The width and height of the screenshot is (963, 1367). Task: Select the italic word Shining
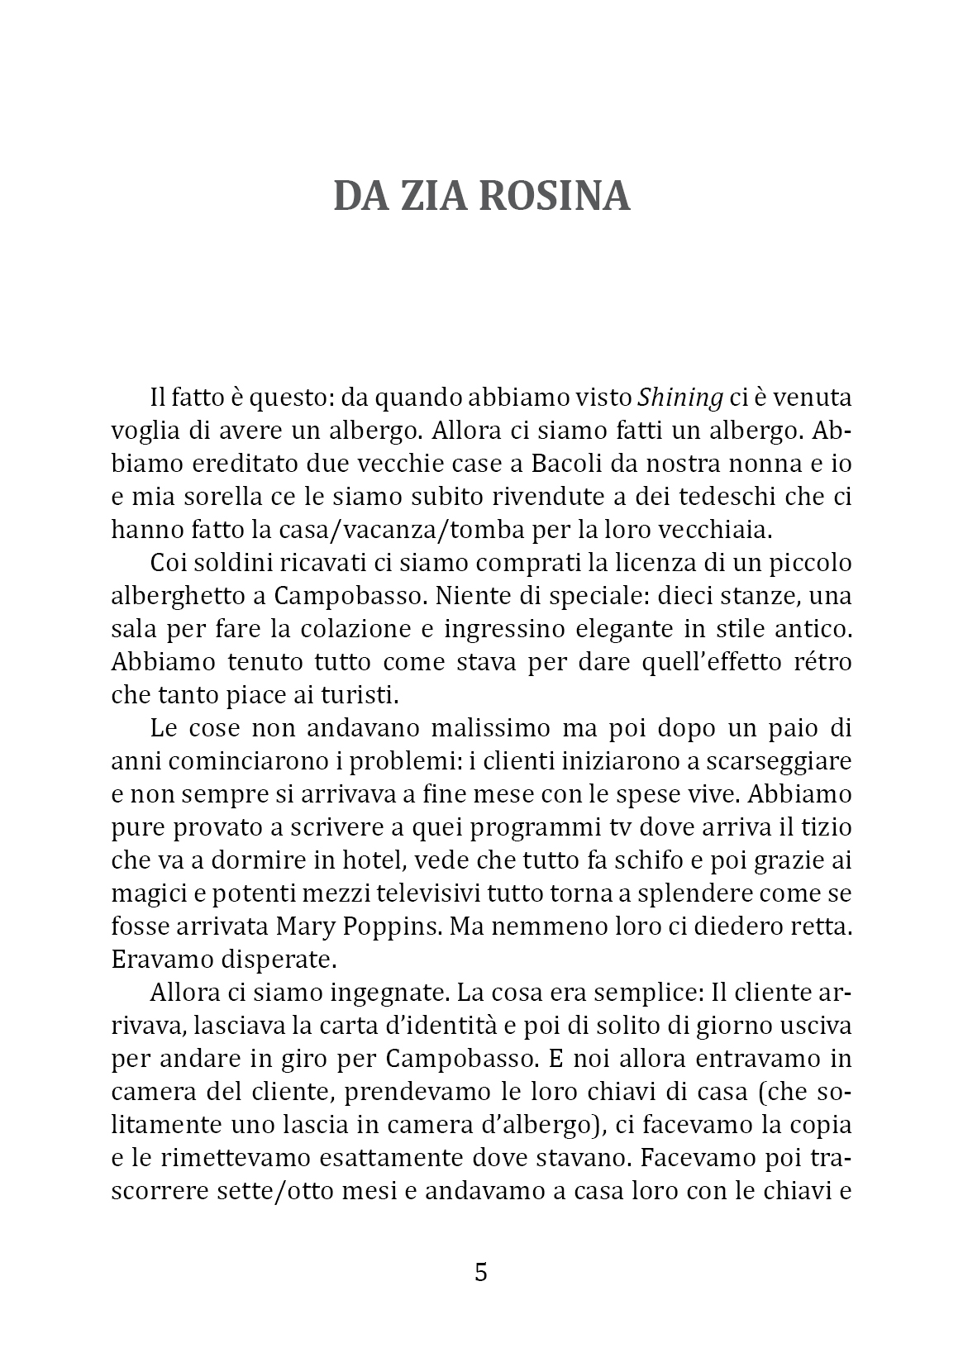[680, 398]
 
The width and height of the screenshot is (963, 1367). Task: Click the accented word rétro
[820, 662]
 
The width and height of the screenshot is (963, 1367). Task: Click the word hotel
[374, 860]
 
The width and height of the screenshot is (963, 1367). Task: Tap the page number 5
[481, 1272]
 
